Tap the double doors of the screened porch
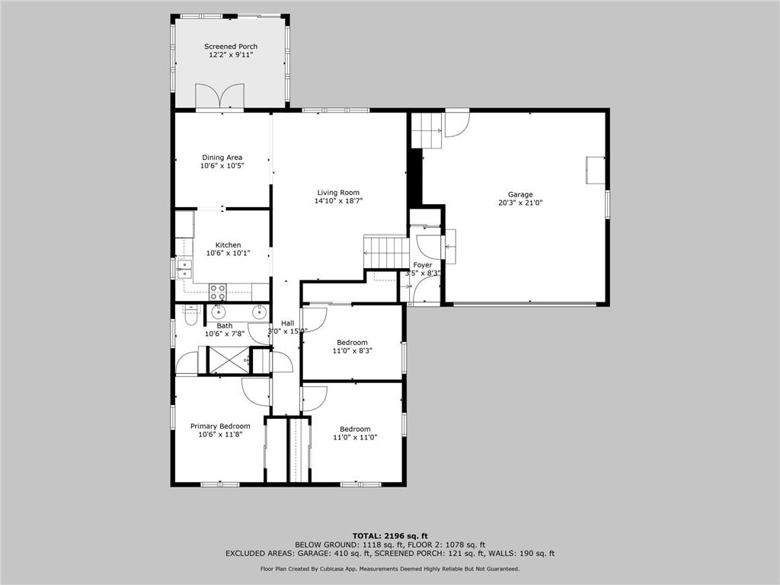click(220, 97)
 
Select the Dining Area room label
click(222, 158)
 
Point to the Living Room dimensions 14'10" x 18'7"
click(338, 202)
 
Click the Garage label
click(521, 194)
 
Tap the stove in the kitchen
click(218, 291)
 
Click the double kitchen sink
click(184, 267)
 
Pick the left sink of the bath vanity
click(219, 311)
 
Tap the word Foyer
click(423, 265)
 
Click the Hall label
click(287, 323)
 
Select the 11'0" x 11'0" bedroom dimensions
click(355, 437)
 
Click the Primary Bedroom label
click(220, 426)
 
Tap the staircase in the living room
click(385, 251)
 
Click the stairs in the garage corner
click(427, 130)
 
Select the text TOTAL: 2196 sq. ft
click(389, 535)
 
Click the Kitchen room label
click(222, 245)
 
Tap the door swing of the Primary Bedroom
click(255, 392)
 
